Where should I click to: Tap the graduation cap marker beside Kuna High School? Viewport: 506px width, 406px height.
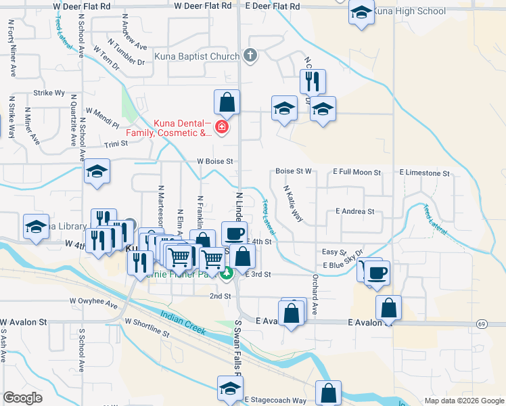[x=361, y=12]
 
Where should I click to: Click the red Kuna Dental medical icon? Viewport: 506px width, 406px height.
[x=221, y=127]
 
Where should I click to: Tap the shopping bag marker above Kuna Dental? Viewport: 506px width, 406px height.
[x=227, y=103]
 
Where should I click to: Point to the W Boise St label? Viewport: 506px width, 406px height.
[x=214, y=162]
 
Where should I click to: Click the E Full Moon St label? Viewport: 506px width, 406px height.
[x=357, y=173]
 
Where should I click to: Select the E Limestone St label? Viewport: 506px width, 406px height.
[x=424, y=173]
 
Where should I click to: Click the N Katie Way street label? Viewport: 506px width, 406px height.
[x=292, y=203]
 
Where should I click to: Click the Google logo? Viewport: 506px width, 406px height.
[x=22, y=397]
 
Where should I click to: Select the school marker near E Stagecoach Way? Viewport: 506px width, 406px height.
[x=229, y=388]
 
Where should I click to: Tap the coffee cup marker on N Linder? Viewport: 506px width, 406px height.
[x=234, y=233]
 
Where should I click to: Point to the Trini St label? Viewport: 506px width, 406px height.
[x=116, y=144]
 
